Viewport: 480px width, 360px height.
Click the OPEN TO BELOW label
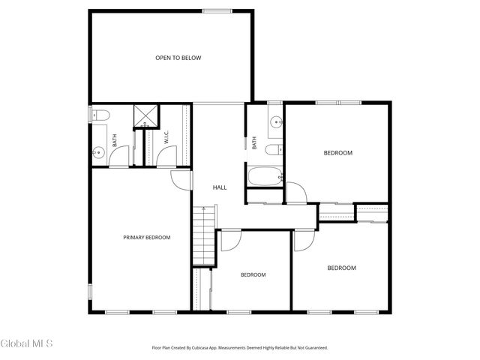tap(178, 58)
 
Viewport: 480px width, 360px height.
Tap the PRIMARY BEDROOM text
tap(147, 238)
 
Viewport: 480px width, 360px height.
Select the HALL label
tap(220, 187)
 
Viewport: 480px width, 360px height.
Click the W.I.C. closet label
tap(166, 139)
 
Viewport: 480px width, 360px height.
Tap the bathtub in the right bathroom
tap(265, 178)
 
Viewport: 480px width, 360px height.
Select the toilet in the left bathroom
tap(102, 115)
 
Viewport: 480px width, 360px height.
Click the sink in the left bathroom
tap(97, 153)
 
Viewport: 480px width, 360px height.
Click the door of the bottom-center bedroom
tap(229, 240)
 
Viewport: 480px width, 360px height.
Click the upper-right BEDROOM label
tap(337, 153)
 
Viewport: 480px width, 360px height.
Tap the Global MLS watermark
tap(27, 344)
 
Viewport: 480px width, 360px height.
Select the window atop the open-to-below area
tap(217, 10)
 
